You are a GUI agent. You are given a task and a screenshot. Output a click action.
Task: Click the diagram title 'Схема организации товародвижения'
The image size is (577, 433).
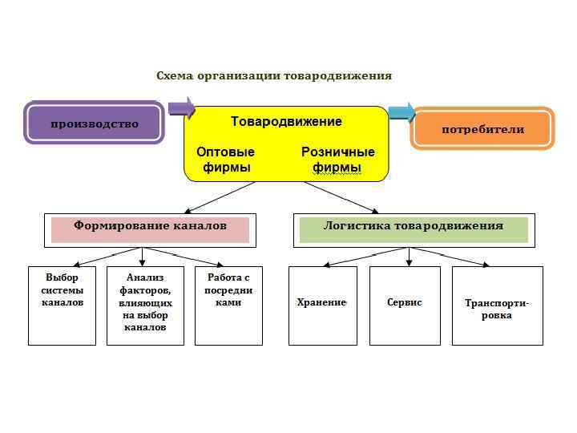tap(273, 76)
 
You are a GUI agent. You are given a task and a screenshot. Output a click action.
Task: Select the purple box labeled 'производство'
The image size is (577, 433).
tap(94, 123)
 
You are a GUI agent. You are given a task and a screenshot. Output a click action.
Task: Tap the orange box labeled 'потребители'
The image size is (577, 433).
tap(482, 129)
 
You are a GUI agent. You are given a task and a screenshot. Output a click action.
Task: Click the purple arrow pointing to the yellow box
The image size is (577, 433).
tap(182, 107)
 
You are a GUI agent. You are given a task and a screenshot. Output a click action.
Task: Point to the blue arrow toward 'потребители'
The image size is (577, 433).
tap(401, 112)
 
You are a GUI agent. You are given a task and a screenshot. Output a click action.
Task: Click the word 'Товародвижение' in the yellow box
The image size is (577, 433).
tap(286, 122)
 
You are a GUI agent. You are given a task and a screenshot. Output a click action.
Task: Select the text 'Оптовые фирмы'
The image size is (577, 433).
tap(226, 160)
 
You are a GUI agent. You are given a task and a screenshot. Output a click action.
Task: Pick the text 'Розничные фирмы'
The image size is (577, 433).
tap(337, 160)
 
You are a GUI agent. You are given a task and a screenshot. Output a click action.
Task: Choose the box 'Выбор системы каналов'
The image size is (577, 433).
tap(62, 306)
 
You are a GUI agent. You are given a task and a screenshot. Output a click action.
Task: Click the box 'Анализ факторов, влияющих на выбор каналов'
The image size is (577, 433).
tap(145, 306)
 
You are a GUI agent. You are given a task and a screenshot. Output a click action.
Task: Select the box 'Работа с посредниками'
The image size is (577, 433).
tap(228, 306)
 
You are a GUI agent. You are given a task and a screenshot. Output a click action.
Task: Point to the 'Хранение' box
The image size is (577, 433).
tap(322, 306)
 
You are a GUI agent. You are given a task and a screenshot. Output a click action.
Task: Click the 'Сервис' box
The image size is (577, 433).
tap(405, 306)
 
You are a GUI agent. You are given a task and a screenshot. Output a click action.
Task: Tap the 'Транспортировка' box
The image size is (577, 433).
tap(497, 306)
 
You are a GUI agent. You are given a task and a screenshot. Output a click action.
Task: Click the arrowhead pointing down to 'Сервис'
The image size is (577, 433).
tap(410, 261)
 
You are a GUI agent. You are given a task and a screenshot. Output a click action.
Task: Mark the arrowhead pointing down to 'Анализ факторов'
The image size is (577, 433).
tap(143, 261)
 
